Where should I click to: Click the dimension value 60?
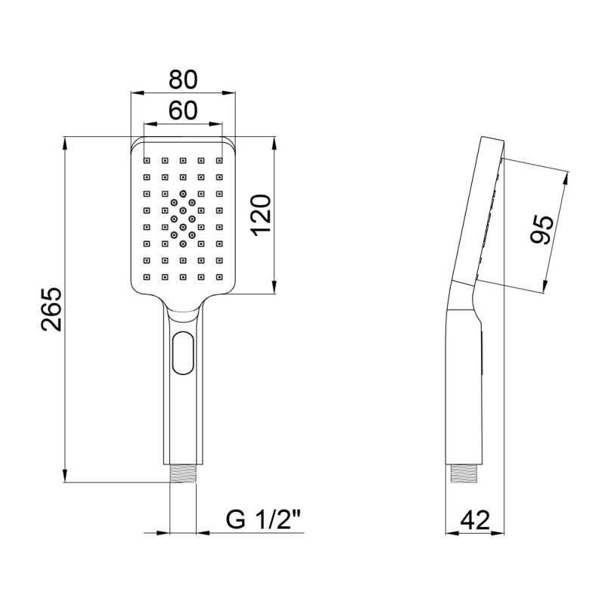182,110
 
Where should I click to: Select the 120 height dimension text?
259,215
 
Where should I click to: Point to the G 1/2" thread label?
264,520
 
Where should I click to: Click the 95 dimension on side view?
540,229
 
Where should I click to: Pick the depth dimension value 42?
475,520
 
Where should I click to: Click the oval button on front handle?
182,354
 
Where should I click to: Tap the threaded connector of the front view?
182,474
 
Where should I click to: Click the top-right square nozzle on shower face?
219,160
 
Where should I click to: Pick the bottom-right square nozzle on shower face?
219,277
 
